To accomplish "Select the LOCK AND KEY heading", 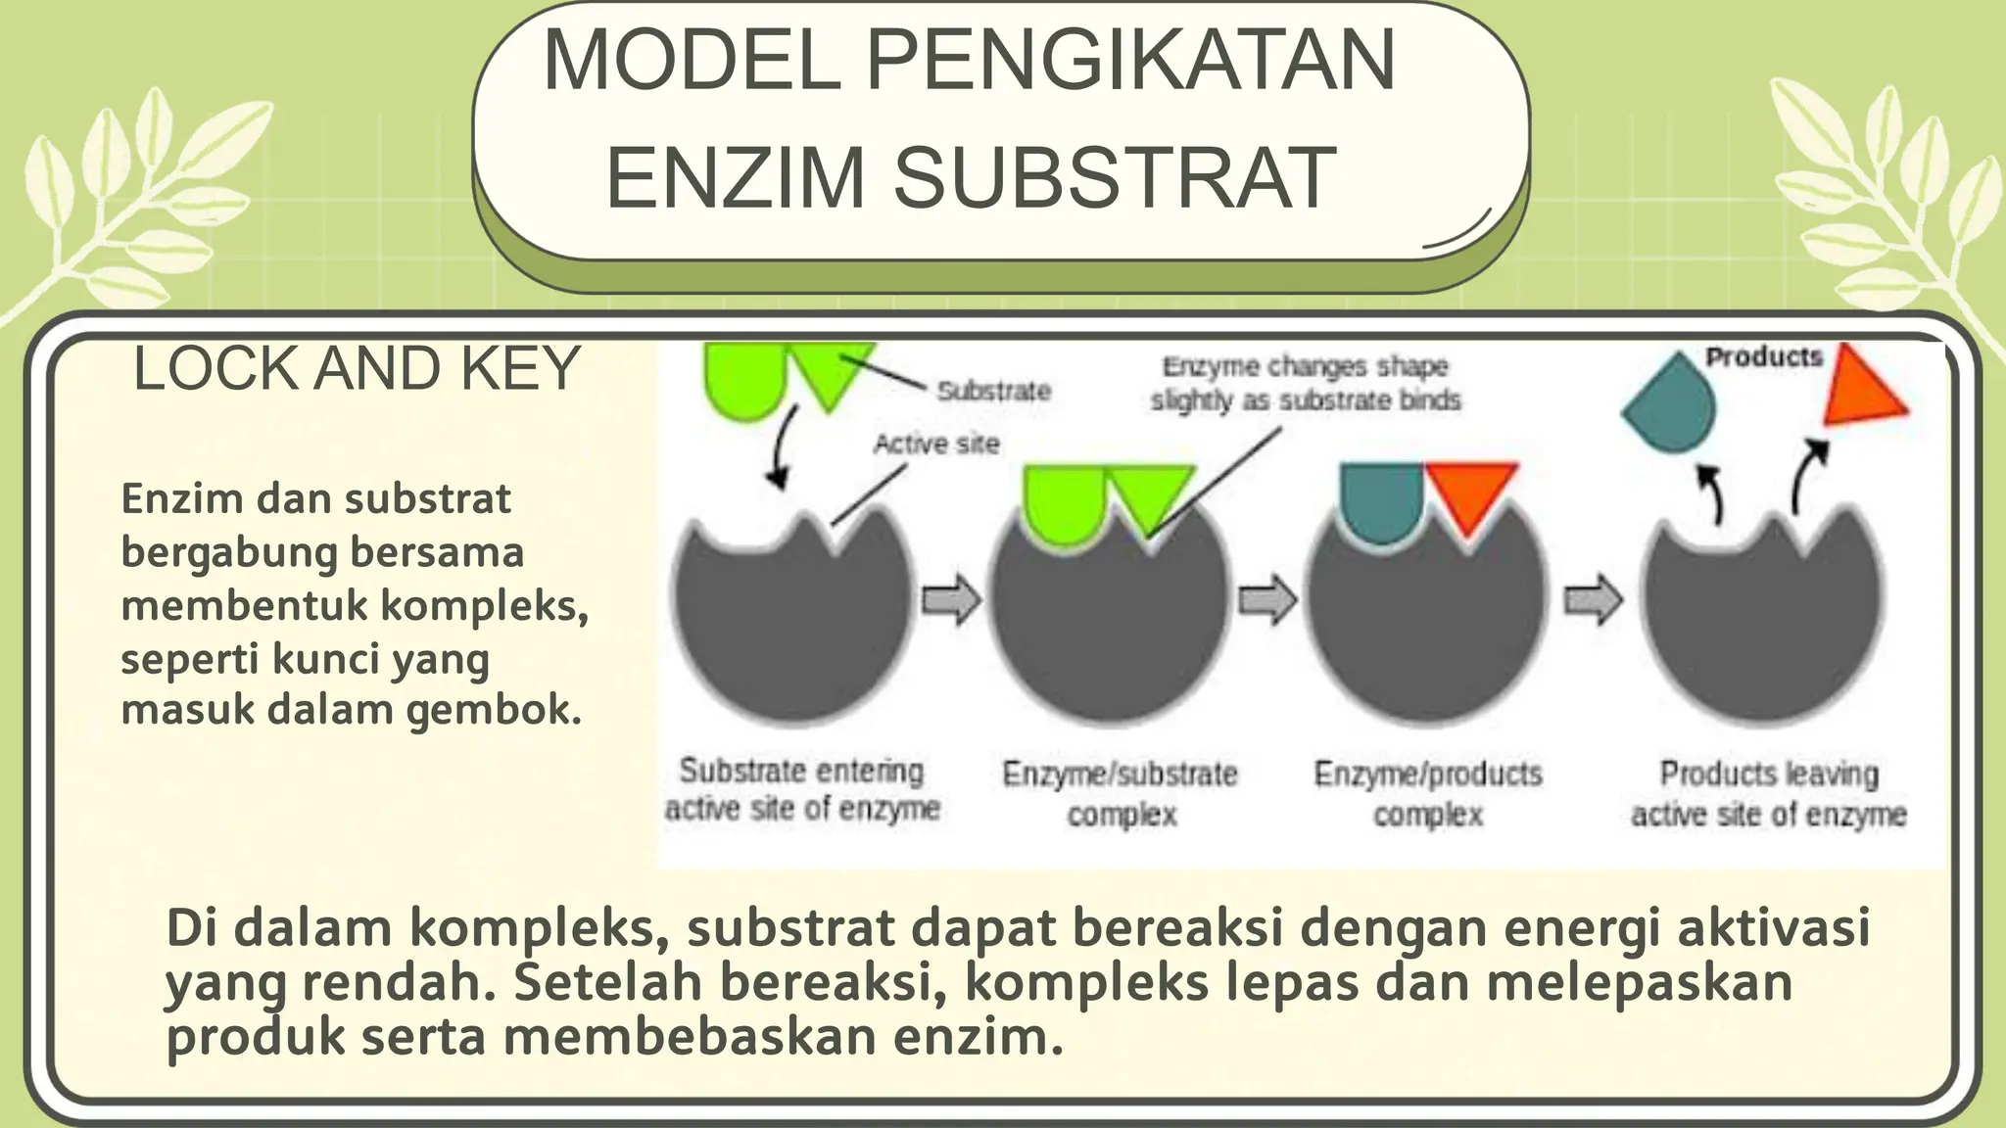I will [x=357, y=369].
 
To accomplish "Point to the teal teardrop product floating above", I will [x=1671, y=403].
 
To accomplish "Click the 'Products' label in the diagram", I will [x=1763, y=356].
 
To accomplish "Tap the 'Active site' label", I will [x=936, y=445].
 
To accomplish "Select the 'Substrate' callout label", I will [x=993, y=392].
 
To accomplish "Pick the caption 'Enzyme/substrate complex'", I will [x=1120, y=793].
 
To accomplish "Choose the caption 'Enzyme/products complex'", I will [x=1427, y=793].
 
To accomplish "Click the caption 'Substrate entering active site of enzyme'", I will [x=801, y=789].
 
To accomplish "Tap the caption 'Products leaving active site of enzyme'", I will [x=1768, y=793].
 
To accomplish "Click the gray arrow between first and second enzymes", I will [x=951, y=599].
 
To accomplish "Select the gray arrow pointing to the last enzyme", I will [x=1593, y=599].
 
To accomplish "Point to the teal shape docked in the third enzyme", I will [x=1382, y=498].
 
